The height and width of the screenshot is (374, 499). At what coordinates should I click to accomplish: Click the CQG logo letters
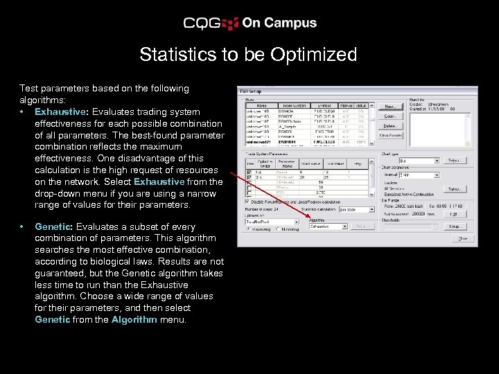(202, 23)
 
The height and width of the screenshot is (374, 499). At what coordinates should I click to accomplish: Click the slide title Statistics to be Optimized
(248, 55)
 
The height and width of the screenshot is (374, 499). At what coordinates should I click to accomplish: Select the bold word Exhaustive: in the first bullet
(60, 112)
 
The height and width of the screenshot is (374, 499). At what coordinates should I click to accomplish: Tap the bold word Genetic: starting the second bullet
(53, 226)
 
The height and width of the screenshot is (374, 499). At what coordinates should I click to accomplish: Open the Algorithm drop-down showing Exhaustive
(329, 226)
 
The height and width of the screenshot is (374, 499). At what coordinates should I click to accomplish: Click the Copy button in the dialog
(391, 116)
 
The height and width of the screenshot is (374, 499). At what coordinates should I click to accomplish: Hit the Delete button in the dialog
(391, 125)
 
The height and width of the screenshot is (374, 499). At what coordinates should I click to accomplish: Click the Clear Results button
(391, 135)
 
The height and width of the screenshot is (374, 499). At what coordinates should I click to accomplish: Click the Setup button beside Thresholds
(455, 226)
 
